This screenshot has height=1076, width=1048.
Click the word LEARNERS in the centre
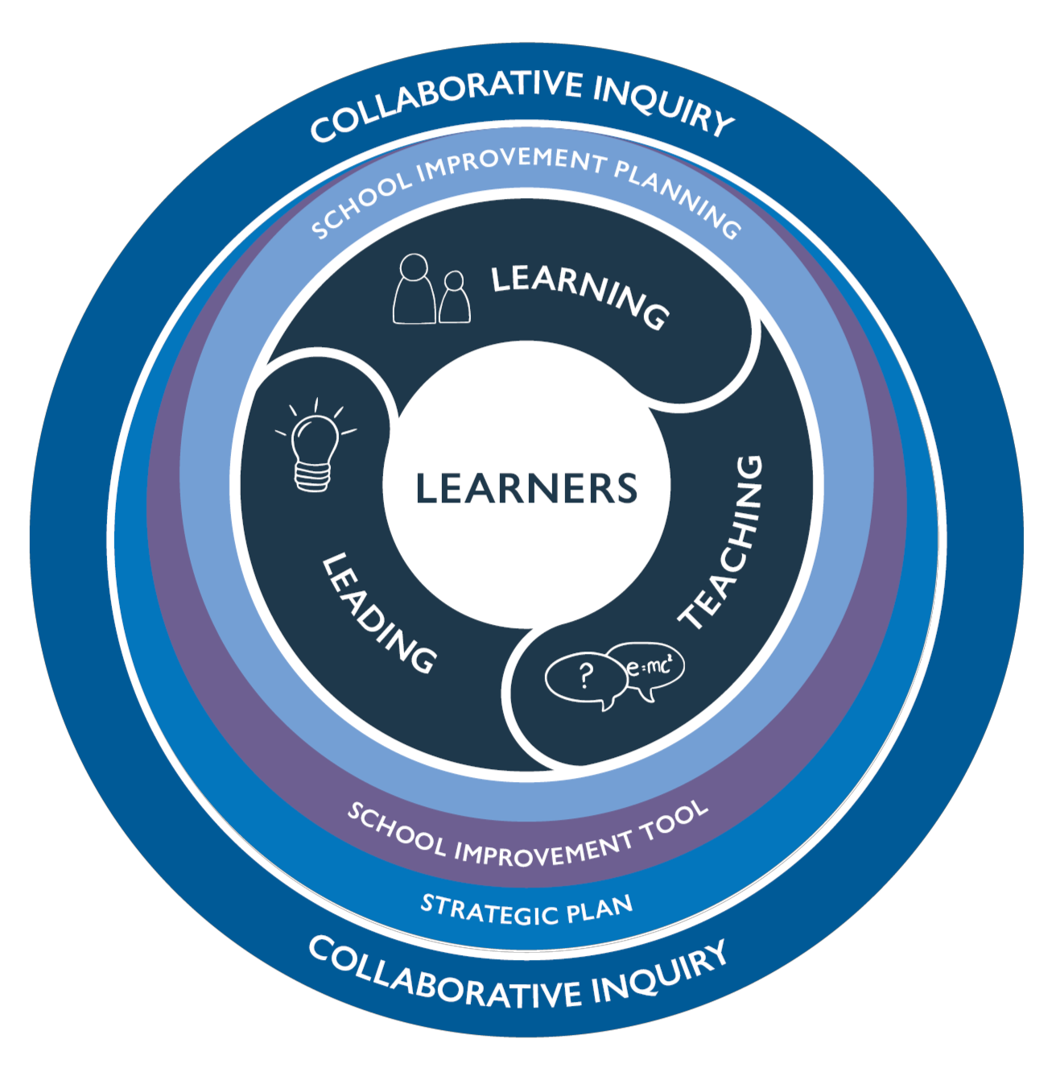[x=526, y=488]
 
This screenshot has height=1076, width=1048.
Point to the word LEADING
[x=379, y=613]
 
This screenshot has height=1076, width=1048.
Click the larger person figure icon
[x=414, y=288]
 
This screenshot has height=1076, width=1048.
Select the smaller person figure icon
[x=454, y=297]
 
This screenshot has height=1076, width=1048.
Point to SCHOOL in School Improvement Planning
[x=361, y=205]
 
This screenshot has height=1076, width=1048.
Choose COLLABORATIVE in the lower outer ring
[x=445, y=978]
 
